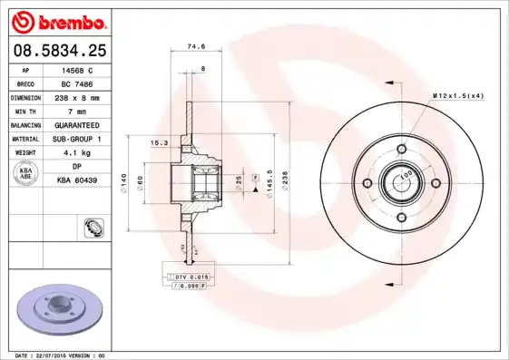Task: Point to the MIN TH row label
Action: click(x=24, y=111)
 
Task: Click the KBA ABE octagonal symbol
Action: click(x=25, y=174)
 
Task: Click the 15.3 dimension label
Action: click(x=156, y=143)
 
